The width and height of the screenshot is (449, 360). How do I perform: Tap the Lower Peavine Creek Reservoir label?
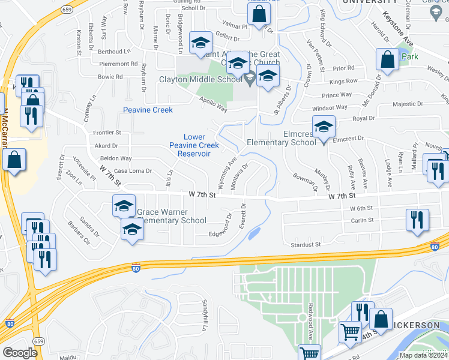[x=194, y=145]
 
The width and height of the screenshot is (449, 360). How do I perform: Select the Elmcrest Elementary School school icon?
[x=324, y=127]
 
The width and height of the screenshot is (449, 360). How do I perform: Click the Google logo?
[x=20, y=353]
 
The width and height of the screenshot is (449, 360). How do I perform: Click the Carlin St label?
[x=362, y=220]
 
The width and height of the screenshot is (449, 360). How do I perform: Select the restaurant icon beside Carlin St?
[x=417, y=220]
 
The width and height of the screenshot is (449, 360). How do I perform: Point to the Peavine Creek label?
[x=148, y=110]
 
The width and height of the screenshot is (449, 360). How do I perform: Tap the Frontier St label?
[x=107, y=132]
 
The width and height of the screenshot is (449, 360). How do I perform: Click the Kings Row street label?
[x=343, y=81]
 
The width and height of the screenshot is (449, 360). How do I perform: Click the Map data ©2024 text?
[x=424, y=355]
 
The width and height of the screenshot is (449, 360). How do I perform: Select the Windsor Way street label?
[x=330, y=107]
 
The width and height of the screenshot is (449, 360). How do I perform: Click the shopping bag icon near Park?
[x=387, y=59]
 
